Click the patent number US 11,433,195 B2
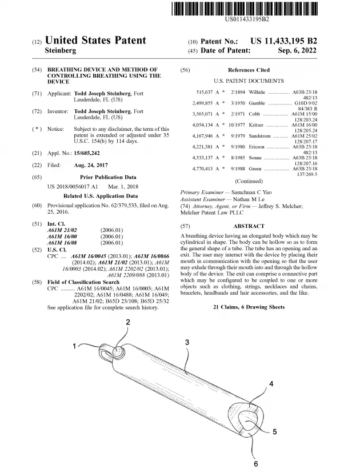click(x=283, y=41)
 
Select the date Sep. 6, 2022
click(x=297, y=51)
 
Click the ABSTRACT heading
click(x=249, y=226)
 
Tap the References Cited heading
click(x=249, y=70)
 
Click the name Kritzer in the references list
click(x=257, y=125)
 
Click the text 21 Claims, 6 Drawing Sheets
click(x=249, y=307)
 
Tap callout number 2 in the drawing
click(x=128, y=322)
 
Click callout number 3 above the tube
click(x=187, y=342)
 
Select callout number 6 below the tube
click(x=255, y=463)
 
